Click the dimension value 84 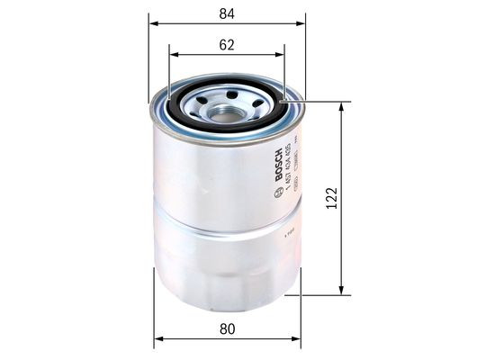226,12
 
